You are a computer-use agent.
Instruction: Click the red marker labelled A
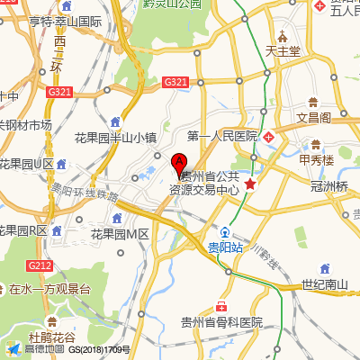178,165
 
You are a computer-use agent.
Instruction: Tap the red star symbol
251,184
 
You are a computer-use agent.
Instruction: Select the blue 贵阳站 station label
225,247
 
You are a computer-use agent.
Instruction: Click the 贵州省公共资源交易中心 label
210,183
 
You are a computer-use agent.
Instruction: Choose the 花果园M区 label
119,233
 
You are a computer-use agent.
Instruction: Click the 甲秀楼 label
317,160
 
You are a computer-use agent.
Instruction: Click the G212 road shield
40,265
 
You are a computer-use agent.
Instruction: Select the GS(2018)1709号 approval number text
100,349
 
